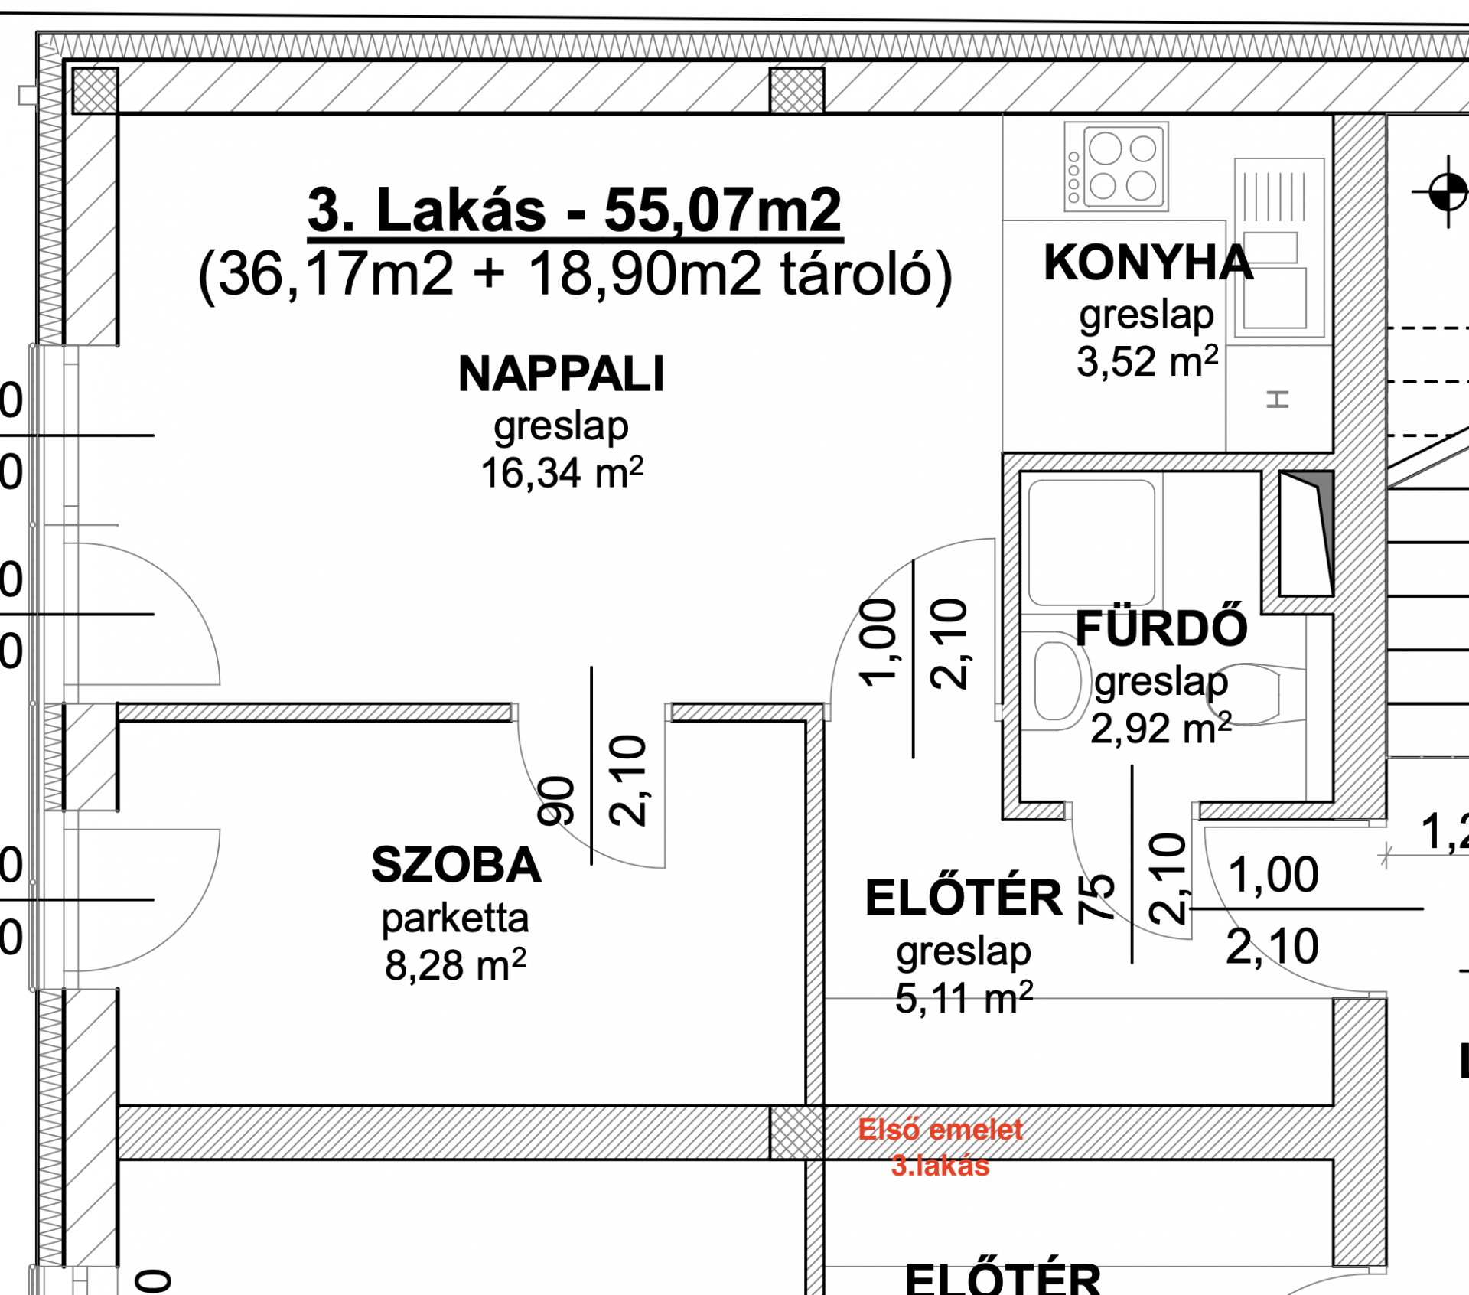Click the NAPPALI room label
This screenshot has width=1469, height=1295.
coord(562,375)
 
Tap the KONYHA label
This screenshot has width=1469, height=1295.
coord(1148,263)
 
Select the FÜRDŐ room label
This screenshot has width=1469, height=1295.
coord(1161,628)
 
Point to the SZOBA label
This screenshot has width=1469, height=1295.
coord(457,866)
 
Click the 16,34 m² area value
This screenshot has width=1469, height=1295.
coord(562,472)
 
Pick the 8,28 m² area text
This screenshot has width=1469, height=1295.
coord(455,964)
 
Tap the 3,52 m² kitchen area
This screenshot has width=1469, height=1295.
coord(1148,361)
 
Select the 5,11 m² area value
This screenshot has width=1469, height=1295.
coord(964,998)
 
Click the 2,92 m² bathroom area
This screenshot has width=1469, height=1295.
coord(1161,728)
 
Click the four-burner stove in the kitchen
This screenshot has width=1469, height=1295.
coord(1116,167)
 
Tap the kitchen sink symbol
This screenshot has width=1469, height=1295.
coord(1278,248)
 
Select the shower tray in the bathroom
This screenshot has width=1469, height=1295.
coord(1092,543)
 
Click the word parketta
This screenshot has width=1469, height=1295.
coord(455,918)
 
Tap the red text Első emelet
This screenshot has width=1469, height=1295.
coord(940,1130)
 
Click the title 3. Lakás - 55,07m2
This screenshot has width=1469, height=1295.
coord(575,210)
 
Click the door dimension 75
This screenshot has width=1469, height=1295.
coord(1096,898)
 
